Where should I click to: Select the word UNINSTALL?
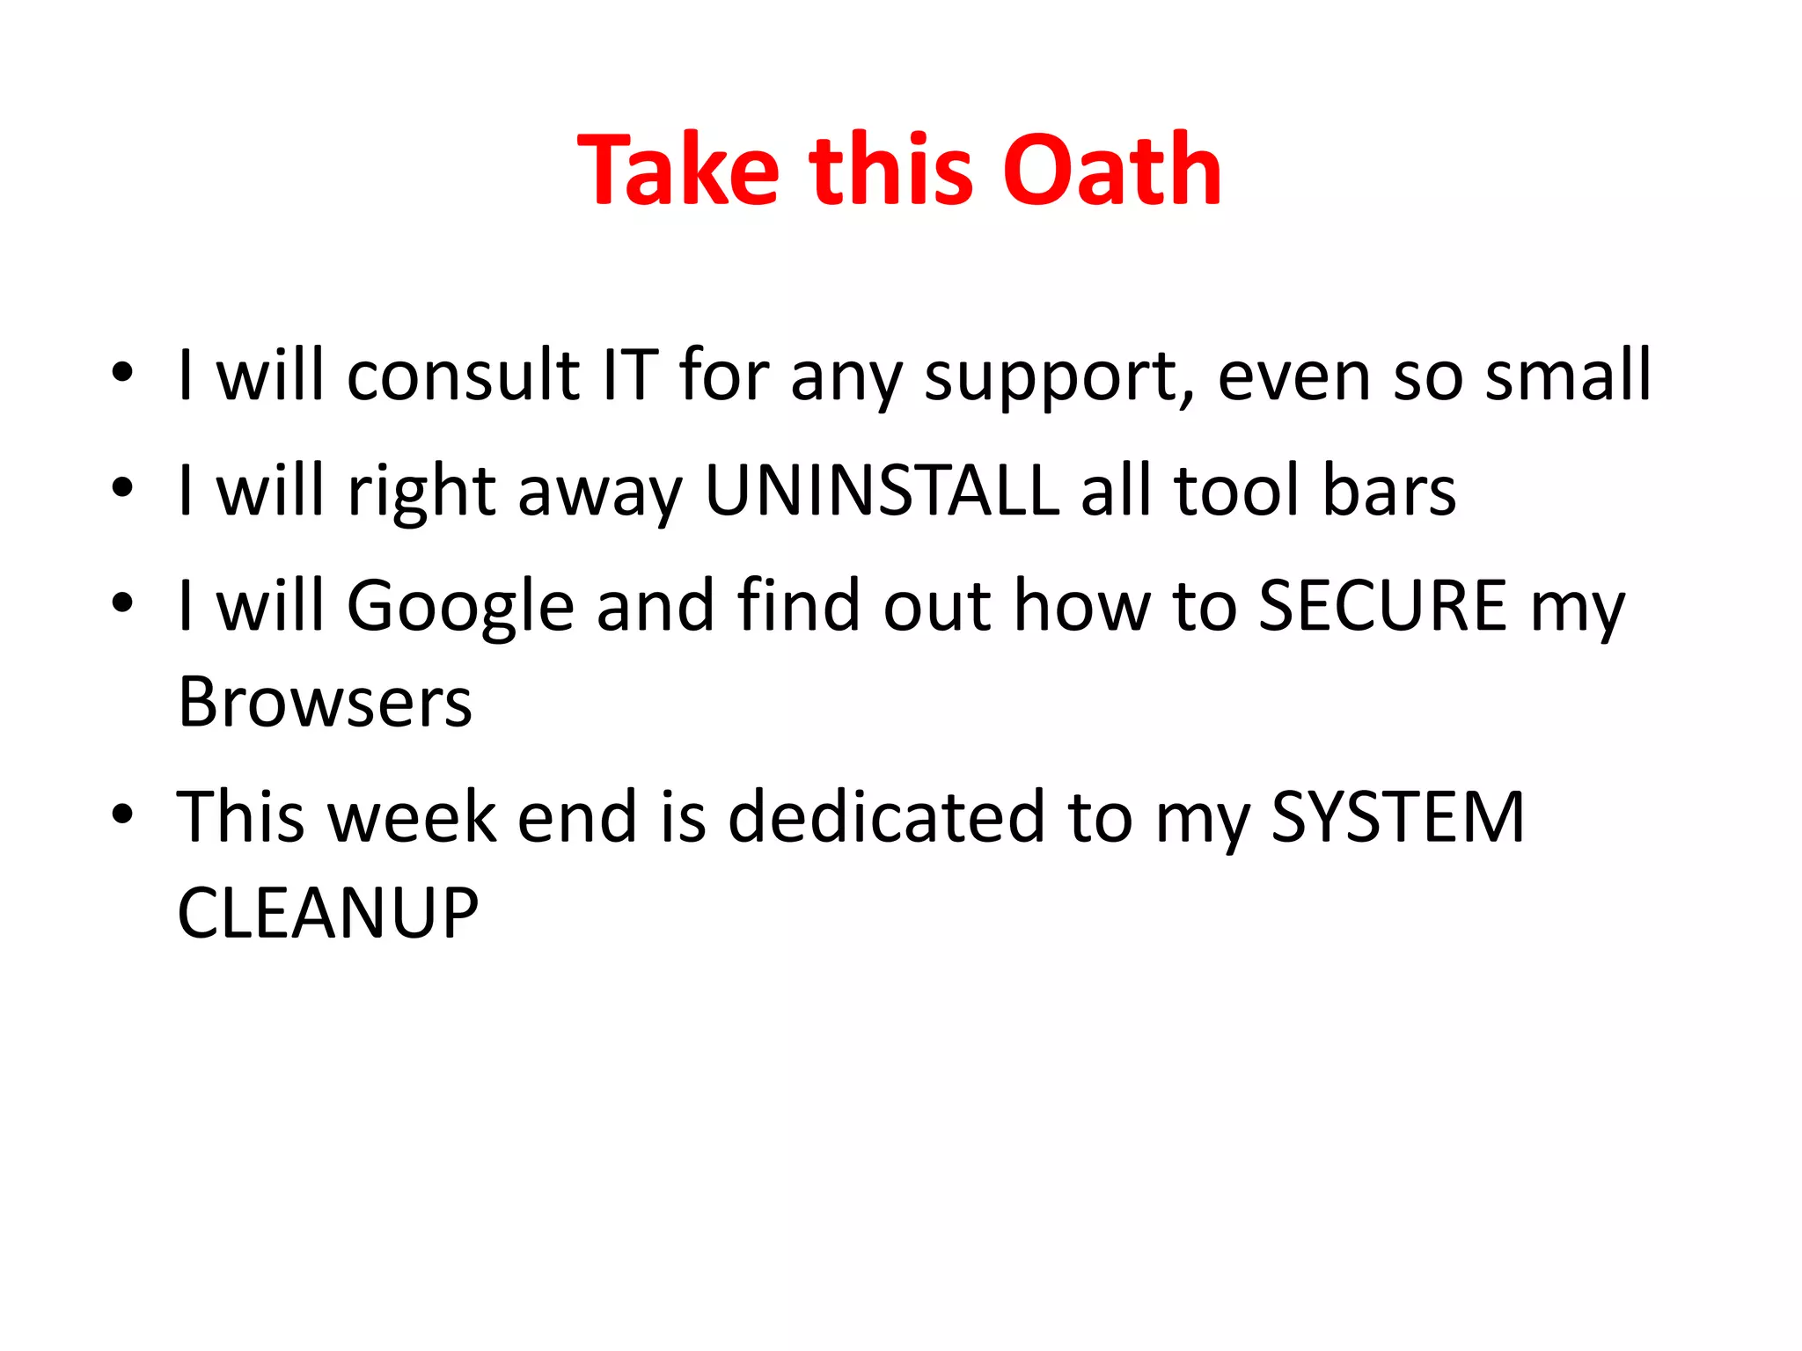(x=882, y=490)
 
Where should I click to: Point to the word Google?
(x=460, y=607)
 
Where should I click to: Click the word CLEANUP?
(x=327, y=913)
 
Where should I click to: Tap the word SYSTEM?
(x=1397, y=817)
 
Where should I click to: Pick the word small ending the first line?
(x=1568, y=376)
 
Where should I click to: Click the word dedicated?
(x=887, y=817)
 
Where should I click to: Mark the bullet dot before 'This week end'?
(x=122, y=814)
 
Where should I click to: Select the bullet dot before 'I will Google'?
(x=122, y=602)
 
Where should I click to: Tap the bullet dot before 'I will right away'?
(x=122, y=487)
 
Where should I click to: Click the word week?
(x=412, y=817)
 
